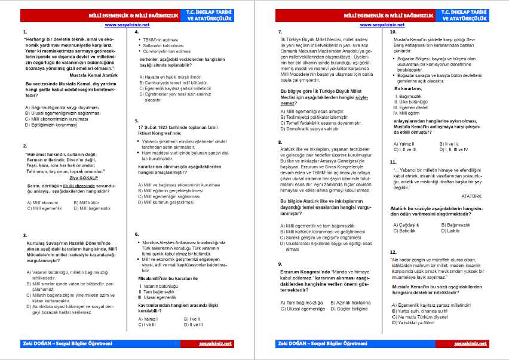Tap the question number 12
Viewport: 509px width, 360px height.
pyautogui.click(x=393, y=252)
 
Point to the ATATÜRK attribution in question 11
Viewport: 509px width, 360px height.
pyautogui.click(x=472, y=195)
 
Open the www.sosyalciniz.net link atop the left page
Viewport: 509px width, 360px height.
pyautogui.click(x=127, y=24)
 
